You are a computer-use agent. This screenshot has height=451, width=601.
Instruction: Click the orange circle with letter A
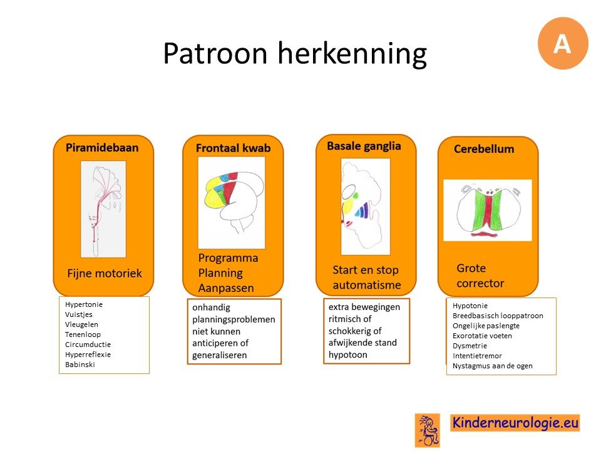(x=563, y=43)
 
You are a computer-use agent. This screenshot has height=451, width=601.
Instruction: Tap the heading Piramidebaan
(x=102, y=148)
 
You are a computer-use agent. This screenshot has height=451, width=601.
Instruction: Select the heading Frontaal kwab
(x=233, y=148)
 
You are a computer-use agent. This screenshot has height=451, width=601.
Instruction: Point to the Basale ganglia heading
(x=364, y=146)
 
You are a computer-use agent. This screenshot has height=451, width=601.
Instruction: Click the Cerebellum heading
(x=484, y=149)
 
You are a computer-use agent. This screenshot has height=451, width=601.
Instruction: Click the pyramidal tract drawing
(x=103, y=209)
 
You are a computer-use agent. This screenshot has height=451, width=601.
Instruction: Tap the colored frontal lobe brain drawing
(x=232, y=202)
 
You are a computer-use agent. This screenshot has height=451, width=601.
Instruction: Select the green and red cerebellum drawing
(x=488, y=210)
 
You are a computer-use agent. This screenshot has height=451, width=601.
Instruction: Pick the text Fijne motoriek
(x=105, y=273)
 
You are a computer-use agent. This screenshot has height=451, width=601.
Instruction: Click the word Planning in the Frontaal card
(x=220, y=273)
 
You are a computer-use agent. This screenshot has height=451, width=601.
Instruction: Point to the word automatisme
(x=367, y=285)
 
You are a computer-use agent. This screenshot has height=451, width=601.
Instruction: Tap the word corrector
(x=480, y=283)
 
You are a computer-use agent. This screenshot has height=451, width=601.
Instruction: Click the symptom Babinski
(x=80, y=365)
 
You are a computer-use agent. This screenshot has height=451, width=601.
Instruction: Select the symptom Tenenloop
(x=83, y=334)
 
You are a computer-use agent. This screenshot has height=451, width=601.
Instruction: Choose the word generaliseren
(x=219, y=355)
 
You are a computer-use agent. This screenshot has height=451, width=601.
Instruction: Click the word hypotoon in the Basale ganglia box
(x=347, y=355)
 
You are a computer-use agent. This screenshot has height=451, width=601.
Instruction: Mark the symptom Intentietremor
(x=477, y=356)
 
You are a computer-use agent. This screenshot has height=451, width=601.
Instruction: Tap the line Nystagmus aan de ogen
(x=493, y=366)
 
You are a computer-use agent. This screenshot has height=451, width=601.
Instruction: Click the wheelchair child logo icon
(x=428, y=430)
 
